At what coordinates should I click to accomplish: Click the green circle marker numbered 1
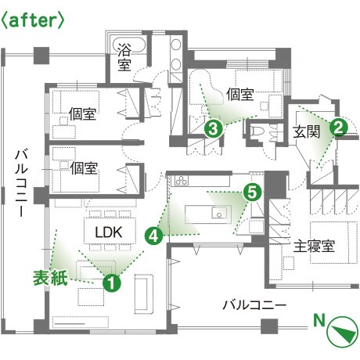pos(112,283)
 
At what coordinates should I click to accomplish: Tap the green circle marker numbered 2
pos(338,128)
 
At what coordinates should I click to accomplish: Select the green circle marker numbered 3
pos(214,129)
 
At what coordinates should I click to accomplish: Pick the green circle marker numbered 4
pos(154,236)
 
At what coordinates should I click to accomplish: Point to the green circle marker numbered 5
pos(252,193)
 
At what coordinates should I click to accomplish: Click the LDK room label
pos(109,232)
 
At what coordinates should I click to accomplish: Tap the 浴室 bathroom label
pos(124,57)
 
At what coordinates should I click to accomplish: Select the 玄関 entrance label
pos(306,132)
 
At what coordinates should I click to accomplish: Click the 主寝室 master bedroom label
pos(314,247)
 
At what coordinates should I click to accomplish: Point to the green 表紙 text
pos(50,278)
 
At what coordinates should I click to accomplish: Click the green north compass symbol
pos(343,332)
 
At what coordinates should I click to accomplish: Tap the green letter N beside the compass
pos(319,321)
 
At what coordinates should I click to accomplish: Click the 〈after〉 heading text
pos(32,20)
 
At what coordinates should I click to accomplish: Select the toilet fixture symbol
pos(257,131)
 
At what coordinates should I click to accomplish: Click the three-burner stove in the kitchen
pos(182,180)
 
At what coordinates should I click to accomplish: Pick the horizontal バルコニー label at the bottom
pos(254,305)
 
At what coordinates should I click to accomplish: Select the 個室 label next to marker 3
pos(239,94)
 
